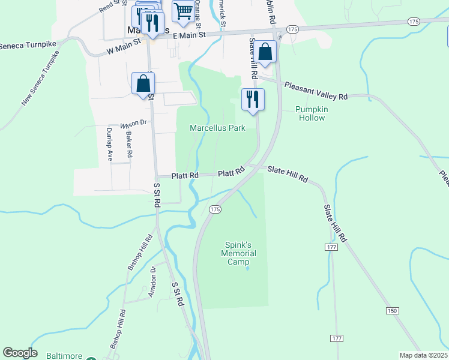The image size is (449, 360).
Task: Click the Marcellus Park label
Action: (x=217, y=128)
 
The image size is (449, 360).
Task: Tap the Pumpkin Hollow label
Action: (x=310, y=113)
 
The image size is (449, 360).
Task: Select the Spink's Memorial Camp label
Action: (x=240, y=253)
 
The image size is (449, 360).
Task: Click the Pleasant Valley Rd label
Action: (x=316, y=91)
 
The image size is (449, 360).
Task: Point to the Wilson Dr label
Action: (x=133, y=124)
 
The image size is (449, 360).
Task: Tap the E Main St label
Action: (x=189, y=35)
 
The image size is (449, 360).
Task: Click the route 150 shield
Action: (x=392, y=310)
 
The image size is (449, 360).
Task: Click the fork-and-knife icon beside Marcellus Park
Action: (x=253, y=98)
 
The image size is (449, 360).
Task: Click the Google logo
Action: (x=20, y=353)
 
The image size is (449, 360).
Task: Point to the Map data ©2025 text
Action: (x=423, y=355)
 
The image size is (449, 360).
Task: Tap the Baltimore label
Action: (x=64, y=356)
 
